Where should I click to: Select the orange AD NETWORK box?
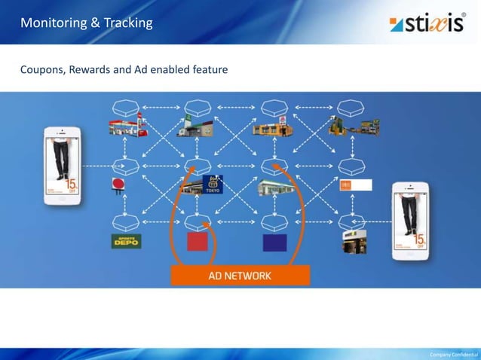(x=240, y=276)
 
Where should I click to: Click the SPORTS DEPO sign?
(x=126, y=242)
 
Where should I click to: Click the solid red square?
(x=198, y=242)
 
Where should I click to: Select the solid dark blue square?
(x=274, y=242)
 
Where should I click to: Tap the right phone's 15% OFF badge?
(x=418, y=241)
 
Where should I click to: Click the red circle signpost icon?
(x=117, y=185)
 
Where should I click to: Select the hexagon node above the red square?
(x=198, y=222)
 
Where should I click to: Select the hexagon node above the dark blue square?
(x=274, y=222)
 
